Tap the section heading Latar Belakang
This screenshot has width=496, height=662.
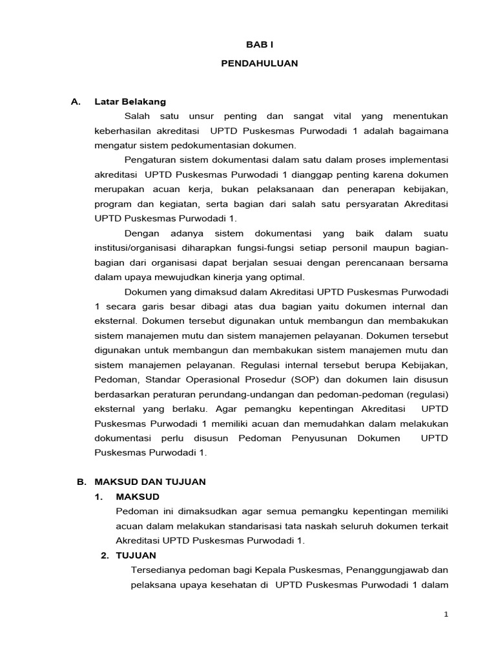(x=130, y=101)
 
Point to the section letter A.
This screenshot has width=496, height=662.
(x=76, y=101)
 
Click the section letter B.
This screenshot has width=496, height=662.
(x=81, y=482)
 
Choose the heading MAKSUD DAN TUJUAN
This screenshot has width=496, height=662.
(x=150, y=482)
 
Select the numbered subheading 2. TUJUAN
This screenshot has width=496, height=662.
(x=129, y=555)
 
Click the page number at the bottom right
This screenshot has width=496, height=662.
(x=446, y=615)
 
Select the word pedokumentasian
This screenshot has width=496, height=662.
(x=208, y=145)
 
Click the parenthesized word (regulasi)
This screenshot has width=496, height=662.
(x=424, y=394)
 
